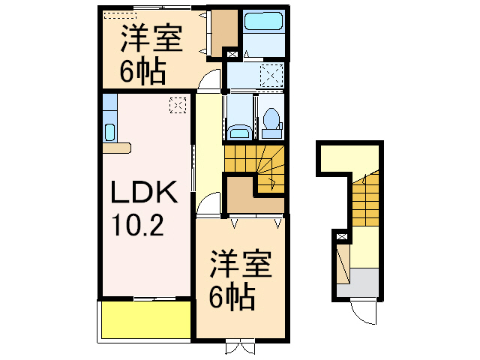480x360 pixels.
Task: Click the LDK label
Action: pyautogui.click(x=144, y=193)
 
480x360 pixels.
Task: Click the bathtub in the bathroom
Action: pyautogui.click(x=263, y=23)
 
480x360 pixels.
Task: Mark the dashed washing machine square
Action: pyautogui.click(x=271, y=75)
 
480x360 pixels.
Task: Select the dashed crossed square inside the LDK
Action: pyautogui.click(x=178, y=105)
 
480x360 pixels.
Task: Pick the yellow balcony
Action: pyautogui.click(x=145, y=321)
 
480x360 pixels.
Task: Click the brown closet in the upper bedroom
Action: pyautogui.click(x=222, y=31)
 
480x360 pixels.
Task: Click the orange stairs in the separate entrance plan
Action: pyautogui.click(x=365, y=199)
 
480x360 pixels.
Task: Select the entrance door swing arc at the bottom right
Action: pyautogui.click(x=366, y=313)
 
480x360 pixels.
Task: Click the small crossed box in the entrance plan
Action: pyautogui.click(x=343, y=236)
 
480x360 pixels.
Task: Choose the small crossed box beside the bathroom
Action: pyautogui.click(x=232, y=54)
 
